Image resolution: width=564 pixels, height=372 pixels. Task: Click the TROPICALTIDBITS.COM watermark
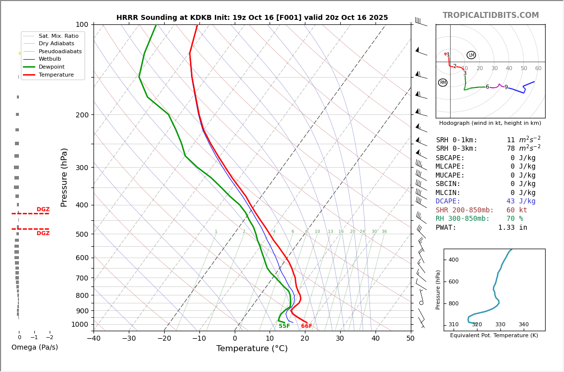(x=490, y=15)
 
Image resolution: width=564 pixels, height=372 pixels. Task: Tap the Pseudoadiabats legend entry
(x=60, y=51)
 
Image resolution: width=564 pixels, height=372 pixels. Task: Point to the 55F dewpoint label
(x=284, y=326)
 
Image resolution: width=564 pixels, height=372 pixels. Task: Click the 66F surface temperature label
(x=306, y=326)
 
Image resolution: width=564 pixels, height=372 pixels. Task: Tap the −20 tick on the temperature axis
(x=164, y=339)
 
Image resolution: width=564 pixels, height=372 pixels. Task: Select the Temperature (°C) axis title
(x=252, y=349)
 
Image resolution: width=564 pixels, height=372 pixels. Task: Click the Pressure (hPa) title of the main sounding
(x=64, y=177)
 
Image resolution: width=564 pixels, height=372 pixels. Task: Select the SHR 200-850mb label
(x=465, y=210)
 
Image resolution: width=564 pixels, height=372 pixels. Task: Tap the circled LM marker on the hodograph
(x=471, y=55)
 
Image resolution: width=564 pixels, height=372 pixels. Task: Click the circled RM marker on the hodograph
(x=443, y=83)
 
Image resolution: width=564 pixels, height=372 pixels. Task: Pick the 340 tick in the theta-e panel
(x=524, y=325)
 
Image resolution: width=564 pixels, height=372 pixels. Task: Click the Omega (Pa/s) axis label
(x=35, y=348)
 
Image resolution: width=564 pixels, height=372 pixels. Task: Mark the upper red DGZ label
(x=43, y=209)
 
